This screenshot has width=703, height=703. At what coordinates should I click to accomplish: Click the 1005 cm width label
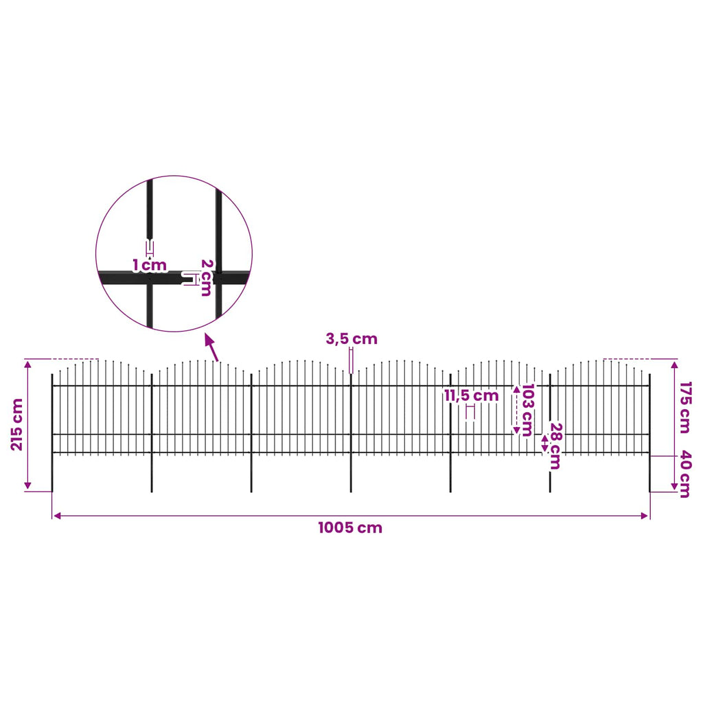pyautogui.click(x=350, y=527)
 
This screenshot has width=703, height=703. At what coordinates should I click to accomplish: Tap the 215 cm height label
pyautogui.click(x=17, y=424)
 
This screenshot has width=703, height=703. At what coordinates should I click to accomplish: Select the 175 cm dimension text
pyautogui.click(x=684, y=408)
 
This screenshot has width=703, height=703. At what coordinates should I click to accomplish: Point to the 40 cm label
pyautogui.click(x=684, y=474)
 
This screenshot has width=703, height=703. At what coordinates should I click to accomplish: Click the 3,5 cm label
pyautogui.click(x=351, y=339)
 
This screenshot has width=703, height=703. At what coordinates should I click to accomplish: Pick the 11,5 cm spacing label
pyautogui.click(x=472, y=395)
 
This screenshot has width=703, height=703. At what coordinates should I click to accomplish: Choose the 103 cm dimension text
pyautogui.click(x=528, y=410)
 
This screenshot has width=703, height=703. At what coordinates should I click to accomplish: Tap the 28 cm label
pyautogui.click(x=555, y=446)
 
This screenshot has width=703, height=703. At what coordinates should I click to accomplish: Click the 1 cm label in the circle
pyautogui.click(x=150, y=266)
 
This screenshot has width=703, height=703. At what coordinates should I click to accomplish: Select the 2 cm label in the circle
pyautogui.click(x=206, y=277)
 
